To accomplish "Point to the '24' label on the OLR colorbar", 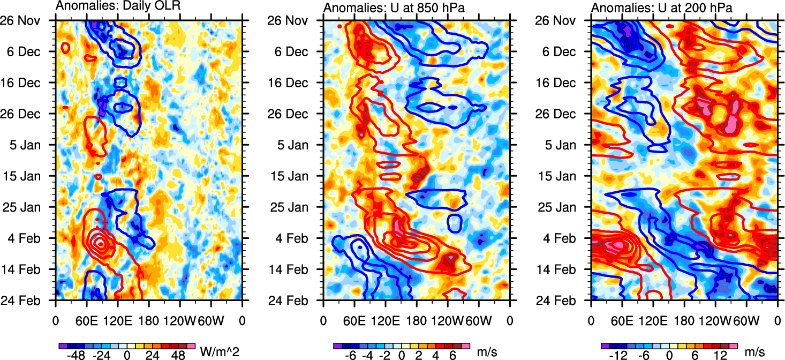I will (153, 355).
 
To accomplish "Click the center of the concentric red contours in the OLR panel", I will (100, 243).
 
